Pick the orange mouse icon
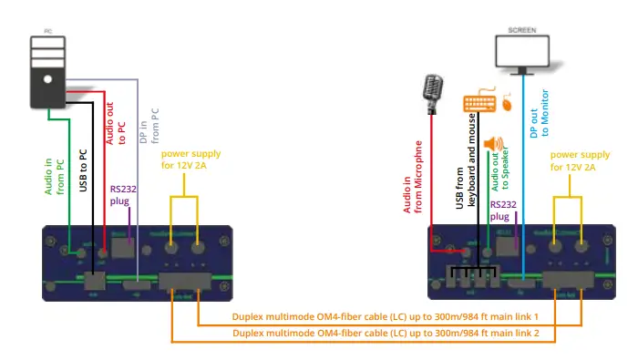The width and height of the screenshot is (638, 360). coord(507,104)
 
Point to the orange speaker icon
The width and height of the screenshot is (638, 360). coord(494,146)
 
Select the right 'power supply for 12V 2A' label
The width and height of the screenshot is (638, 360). coord(580,160)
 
